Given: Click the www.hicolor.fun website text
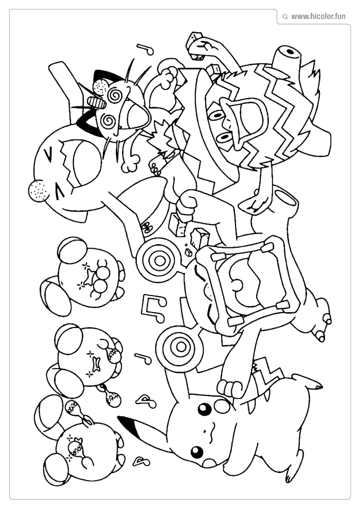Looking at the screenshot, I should point(318,17).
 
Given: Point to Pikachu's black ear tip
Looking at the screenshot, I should point(127,422).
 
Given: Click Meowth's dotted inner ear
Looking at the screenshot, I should point(100,87).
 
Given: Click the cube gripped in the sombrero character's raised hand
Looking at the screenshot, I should point(196,37).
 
